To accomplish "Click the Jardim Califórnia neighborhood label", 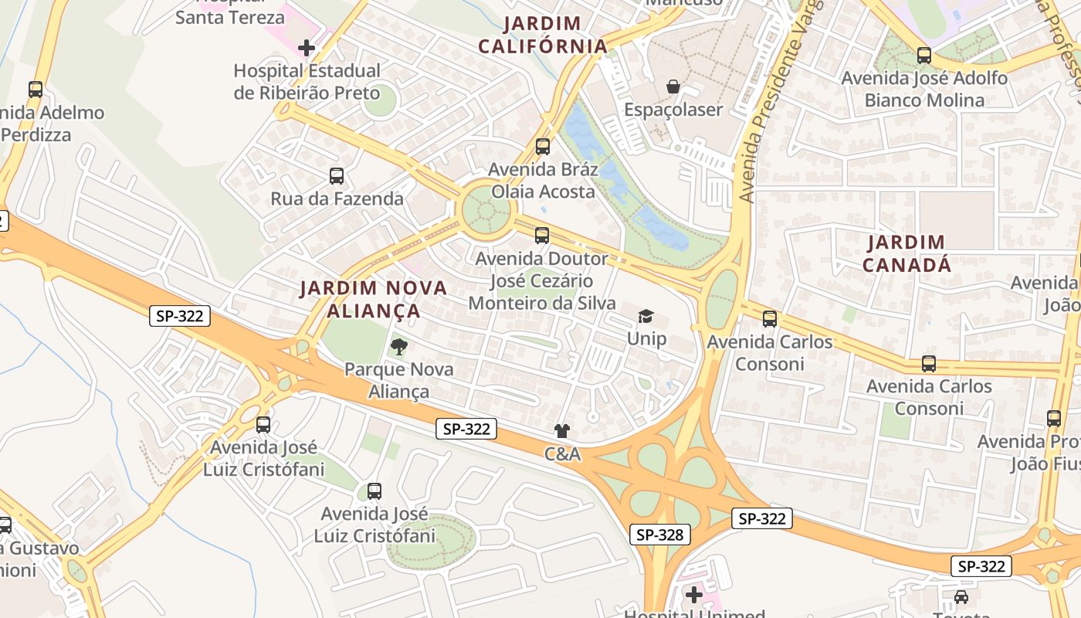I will tap(543, 35).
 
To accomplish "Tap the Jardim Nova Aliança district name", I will tap(374, 300).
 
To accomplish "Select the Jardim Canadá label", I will tap(906, 253).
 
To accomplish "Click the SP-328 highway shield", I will tap(659, 535).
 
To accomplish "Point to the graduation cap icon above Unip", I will tap(646, 316).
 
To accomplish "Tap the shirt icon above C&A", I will tap(562, 431).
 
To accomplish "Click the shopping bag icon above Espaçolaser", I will tap(673, 87).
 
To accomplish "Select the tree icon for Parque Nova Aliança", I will tap(398, 346).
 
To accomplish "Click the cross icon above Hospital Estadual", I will tap(307, 48).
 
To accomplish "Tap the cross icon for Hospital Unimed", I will tap(694, 595).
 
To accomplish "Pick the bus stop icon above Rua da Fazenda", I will tap(337, 176).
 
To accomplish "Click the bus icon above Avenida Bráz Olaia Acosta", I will tap(543, 147).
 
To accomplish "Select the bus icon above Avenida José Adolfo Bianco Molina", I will tap(923, 56).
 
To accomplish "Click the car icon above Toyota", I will tap(961, 596).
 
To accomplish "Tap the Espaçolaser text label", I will tap(673, 110).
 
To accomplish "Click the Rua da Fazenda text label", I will tap(337, 199).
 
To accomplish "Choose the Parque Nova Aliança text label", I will tap(398, 380).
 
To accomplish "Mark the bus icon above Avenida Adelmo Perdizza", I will tap(36, 89).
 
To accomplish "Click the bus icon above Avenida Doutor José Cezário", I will tap(542, 236).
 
